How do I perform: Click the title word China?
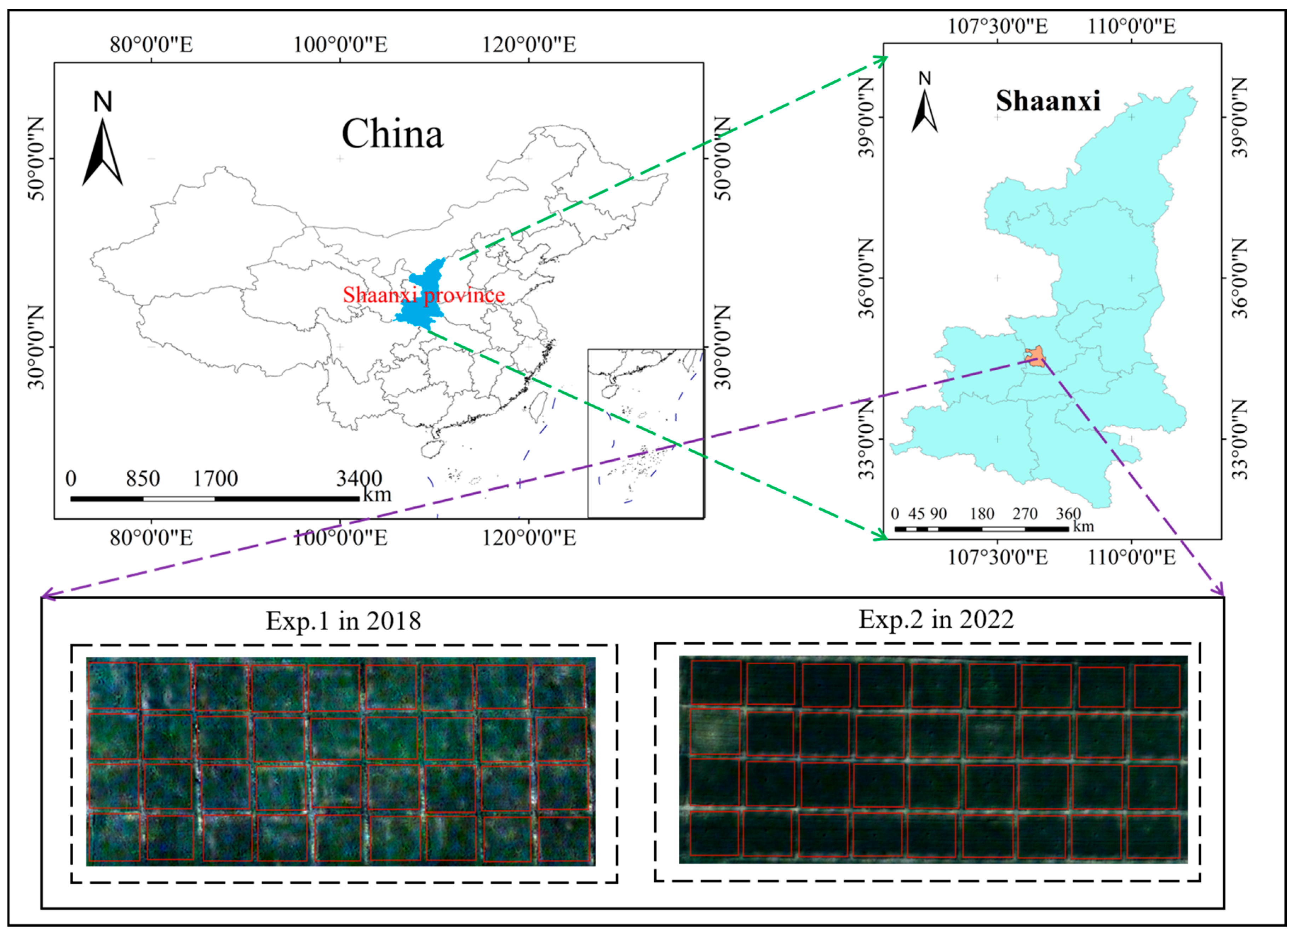pos(392,135)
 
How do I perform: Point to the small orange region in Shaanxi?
pos(1037,356)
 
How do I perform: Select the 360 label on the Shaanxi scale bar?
pos(1068,513)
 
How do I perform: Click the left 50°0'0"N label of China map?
pos(35,159)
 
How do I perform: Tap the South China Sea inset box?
pos(645,433)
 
